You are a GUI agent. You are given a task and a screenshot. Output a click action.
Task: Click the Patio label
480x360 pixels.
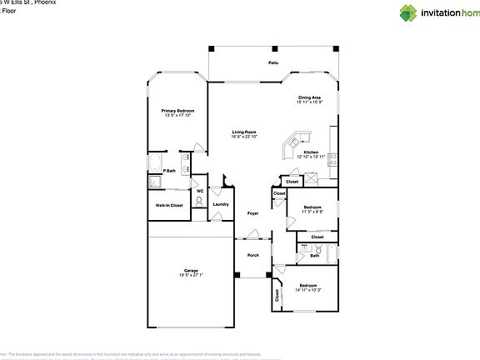pyautogui.click(x=272, y=63)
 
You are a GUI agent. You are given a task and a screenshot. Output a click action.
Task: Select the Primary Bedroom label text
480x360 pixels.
pyautogui.click(x=177, y=110)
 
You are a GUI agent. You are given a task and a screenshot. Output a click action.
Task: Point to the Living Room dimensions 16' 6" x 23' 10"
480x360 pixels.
pyautogui.click(x=244, y=137)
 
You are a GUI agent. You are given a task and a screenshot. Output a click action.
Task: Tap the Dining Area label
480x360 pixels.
pyautogui.click(x=309, y=98)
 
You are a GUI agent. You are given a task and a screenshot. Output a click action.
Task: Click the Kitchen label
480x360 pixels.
pyautogui.click(x=310, y=152)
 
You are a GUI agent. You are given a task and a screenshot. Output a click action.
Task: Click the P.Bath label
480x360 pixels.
pyautogui.click(x=168, y=171)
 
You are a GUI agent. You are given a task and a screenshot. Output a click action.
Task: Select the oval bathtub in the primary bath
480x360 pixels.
pyautogui.click(x=157, y=162)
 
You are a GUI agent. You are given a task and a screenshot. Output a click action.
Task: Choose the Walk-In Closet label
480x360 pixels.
pyautogui.click(x=169, y=204)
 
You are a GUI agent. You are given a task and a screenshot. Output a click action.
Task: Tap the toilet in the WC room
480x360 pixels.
pyautogui.click(x=200, y=201)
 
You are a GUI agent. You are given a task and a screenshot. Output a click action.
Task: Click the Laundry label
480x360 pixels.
pyautogui.click(x=220, y=204)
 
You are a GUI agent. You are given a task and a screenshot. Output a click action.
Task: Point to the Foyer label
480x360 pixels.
pyautogui.click(x=252, y=214)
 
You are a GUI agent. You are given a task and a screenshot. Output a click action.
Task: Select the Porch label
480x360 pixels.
pyautogui.click(x=252, y=255)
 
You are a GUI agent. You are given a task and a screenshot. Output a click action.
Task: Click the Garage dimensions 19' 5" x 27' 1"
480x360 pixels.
pyautogui.click(x=191, y=274)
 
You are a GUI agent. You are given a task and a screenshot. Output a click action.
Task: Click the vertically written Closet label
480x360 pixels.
pyautogui.click(x=276, y=294)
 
